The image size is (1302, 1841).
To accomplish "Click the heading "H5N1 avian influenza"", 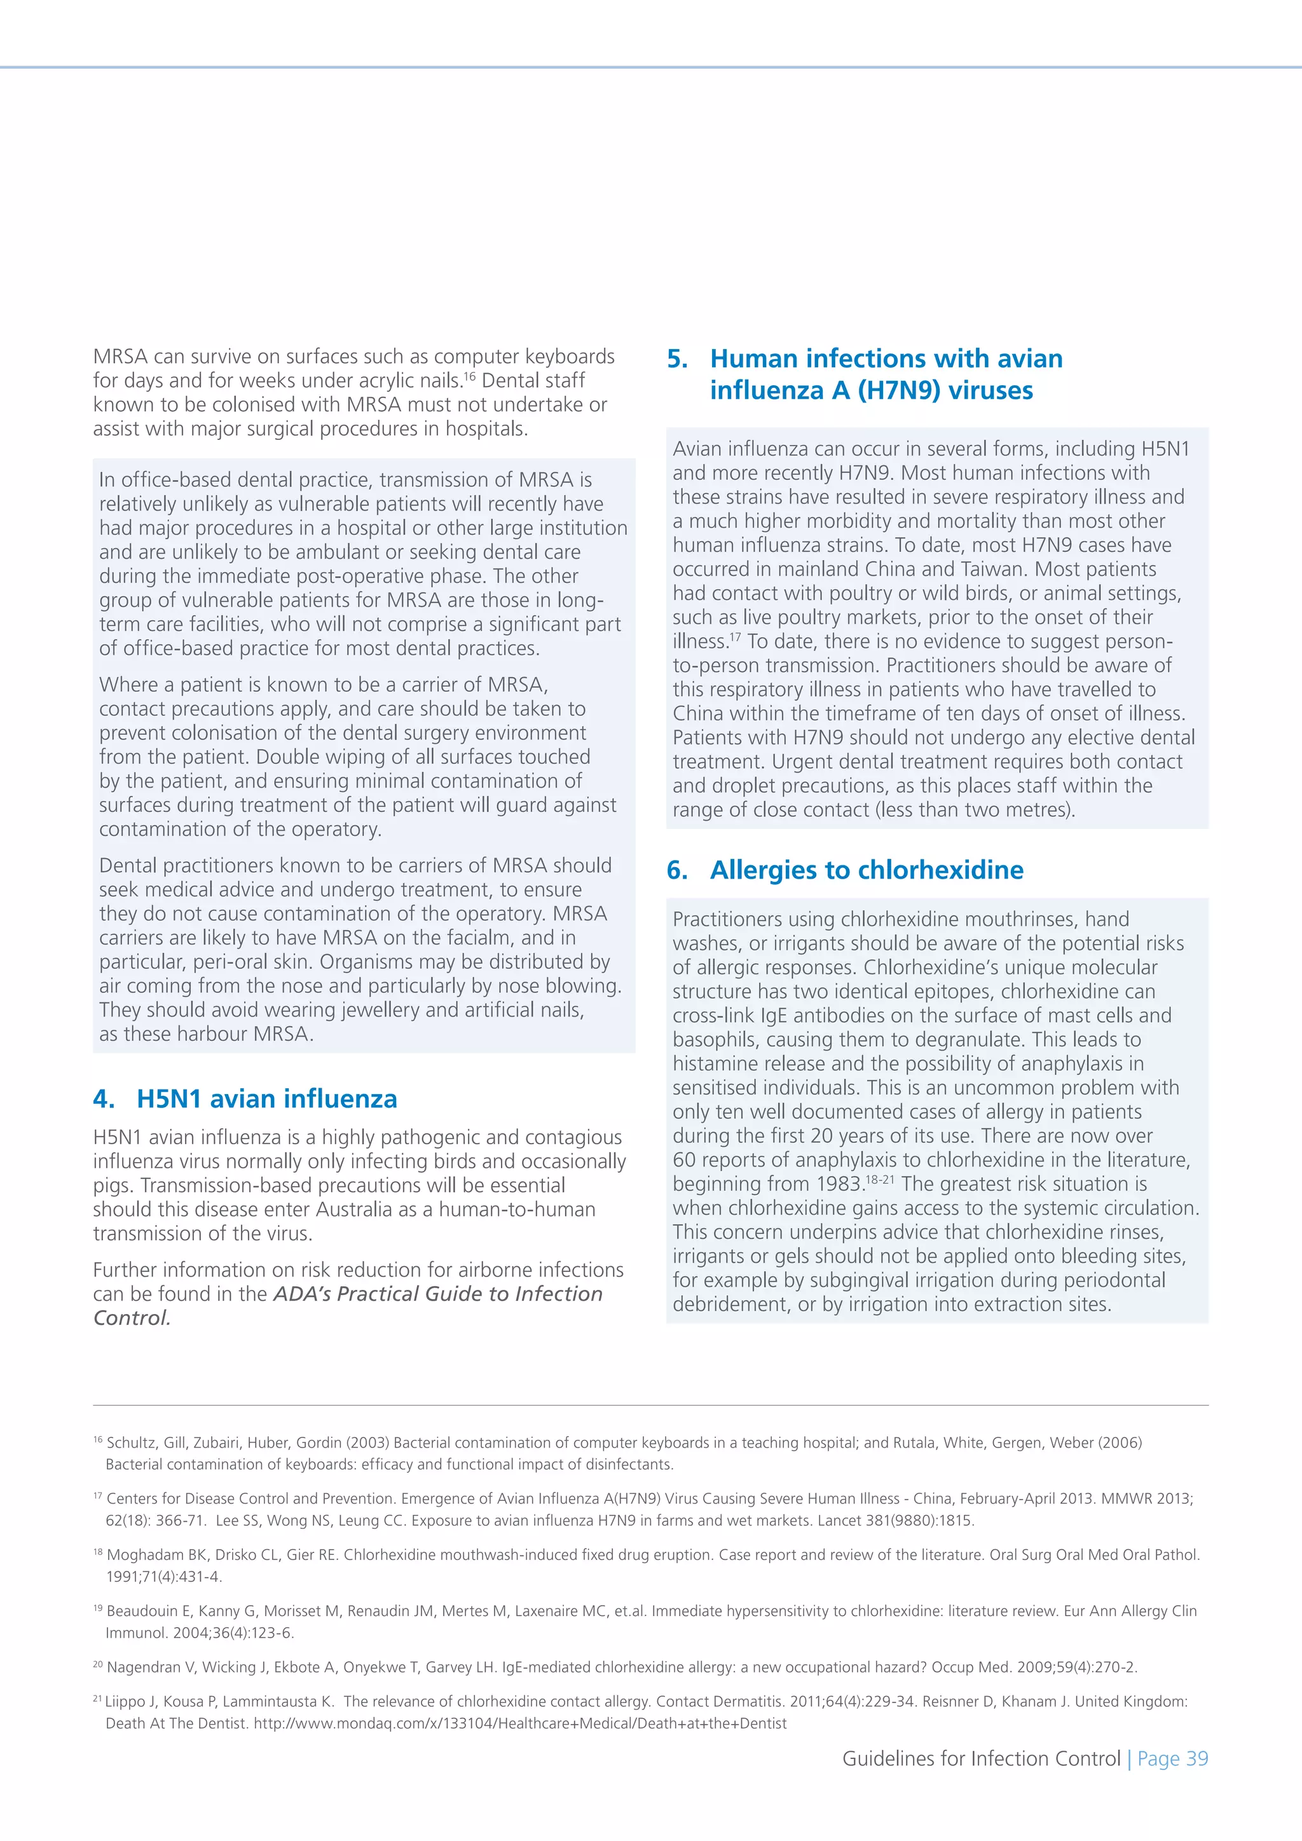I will point(266,1098).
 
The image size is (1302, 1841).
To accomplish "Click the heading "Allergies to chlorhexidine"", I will point(866,870).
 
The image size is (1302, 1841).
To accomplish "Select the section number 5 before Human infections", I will point(678,359).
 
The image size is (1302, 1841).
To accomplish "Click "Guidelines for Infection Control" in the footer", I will point(980,1758).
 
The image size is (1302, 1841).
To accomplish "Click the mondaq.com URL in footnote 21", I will point(519,1723).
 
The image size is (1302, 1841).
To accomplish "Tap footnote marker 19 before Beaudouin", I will point(98,1608).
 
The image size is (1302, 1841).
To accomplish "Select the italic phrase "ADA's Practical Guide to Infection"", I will point(438,1294).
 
